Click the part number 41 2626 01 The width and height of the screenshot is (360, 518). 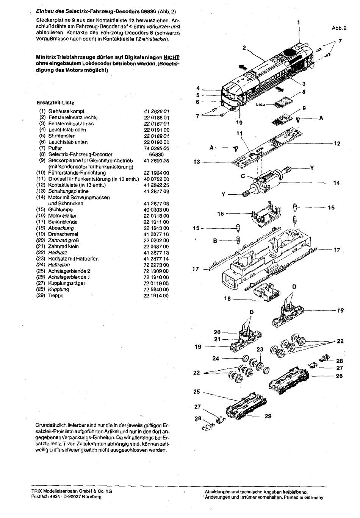[157, 111]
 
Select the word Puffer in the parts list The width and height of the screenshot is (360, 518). [55, 148]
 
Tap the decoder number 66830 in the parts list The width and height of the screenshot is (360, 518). [157, 154]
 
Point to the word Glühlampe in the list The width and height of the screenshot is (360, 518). [60, 210]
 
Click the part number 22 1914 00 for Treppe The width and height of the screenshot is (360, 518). [156, 295]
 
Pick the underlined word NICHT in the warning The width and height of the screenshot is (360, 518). [171, 58]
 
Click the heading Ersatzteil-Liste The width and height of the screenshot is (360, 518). [55, 103]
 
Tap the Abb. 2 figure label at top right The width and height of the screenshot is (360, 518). [339, 28]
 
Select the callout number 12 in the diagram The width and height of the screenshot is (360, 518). [337, 144]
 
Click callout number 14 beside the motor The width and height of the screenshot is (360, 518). [337, 183]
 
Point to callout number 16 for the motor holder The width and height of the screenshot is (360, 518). [221, 214]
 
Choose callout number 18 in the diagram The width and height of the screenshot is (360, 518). [227, 298]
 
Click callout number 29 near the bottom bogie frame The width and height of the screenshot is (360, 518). [268, 416]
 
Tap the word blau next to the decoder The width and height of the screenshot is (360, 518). [260, 105]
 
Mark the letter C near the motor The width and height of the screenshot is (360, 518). [243, 176]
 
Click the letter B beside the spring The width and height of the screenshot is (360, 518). [215, 241]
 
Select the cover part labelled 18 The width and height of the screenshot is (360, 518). [267, 292]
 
